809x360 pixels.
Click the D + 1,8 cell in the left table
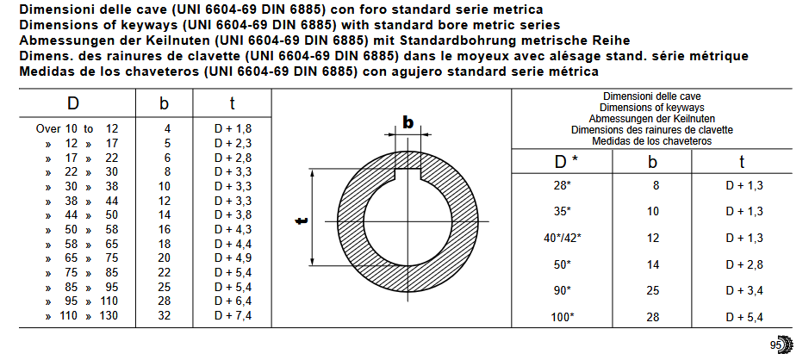pos(233,129)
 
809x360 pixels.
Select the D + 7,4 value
pos(233,315)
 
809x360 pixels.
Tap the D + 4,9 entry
pos(233,258)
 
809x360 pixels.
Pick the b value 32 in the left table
pos(164,315)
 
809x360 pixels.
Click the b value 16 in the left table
pos(164,229)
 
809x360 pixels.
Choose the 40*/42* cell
pos(562,239)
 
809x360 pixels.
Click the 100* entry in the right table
pos(562,317)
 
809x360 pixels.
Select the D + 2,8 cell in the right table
pos(744,265)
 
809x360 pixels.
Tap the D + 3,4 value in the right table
pos(744,291)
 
